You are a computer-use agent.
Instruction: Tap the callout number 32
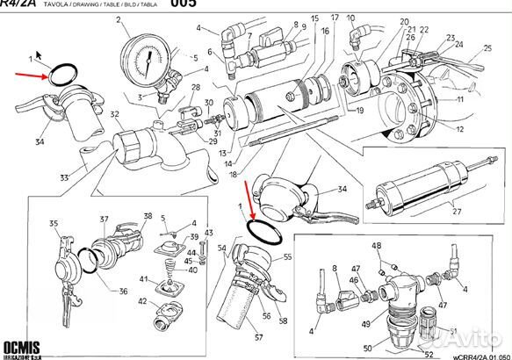pyautogui.click(x=114, y=114)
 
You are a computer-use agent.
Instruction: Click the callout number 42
pyautogui.click(x=142, y=301)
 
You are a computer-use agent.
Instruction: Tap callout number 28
pyautogui.click(x=196, y=87)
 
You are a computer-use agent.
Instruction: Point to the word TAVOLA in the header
pyautogui.click(x=68, y=4)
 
